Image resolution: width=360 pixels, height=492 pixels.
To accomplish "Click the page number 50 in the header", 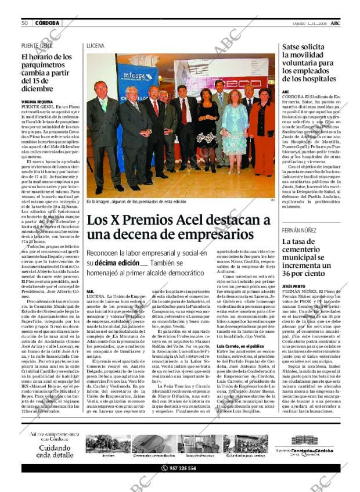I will [x=25, y=23].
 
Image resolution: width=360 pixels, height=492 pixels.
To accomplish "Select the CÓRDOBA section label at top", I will [x=47, y=23].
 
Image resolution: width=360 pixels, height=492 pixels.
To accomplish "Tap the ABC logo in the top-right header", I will [x=336, y=23].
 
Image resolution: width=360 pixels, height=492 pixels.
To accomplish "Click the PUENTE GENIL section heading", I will [x=37, y=45].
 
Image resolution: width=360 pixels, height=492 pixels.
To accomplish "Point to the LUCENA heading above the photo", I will [x=96, y=45].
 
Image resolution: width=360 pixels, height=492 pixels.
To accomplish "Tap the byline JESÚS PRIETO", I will [x=294, y=287].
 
